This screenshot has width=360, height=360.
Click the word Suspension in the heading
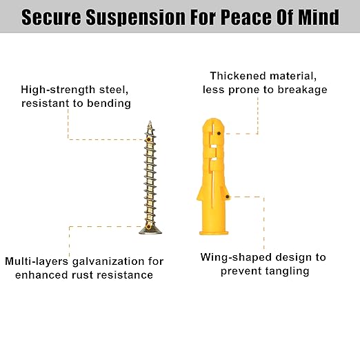click(136, 17)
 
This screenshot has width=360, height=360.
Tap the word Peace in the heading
click(246, 17)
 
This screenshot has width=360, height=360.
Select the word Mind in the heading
click(319, 17)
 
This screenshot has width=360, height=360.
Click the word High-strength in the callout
click(58, 90)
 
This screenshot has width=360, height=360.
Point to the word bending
click(109, 103)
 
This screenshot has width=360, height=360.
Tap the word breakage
click(302, 90)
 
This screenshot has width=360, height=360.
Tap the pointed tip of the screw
click(150, 121)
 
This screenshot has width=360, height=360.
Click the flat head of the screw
click(150, 230)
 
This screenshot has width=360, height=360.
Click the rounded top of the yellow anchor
click(213, 123)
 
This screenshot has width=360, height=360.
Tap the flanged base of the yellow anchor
click(214, 232)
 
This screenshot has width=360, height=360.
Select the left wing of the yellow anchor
click(200, 193)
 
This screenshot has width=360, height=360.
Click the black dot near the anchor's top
click(219, 133)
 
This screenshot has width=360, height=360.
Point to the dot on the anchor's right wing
click(227, 197)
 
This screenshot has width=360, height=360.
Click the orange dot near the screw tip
click(148, 139)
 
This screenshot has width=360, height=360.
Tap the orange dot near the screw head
click(148, 227)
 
